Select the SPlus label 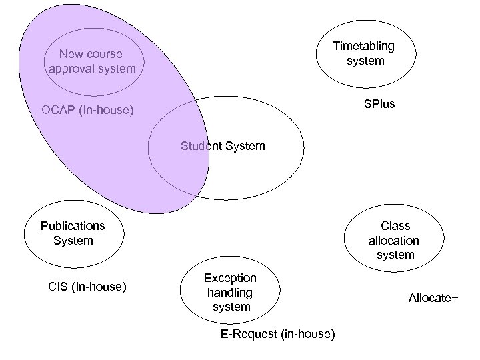tap(379, 104)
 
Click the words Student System tap(223, 145)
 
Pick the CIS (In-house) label tap(88, 288)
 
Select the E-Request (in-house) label tap(278, 333)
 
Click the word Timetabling tap(365, 46)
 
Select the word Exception tap(230, 278)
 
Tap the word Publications tap(73, 226)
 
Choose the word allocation tap(395, 241)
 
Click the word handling tap(230, 293)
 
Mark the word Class tap(395, 226)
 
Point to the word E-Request tap(247, 333)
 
